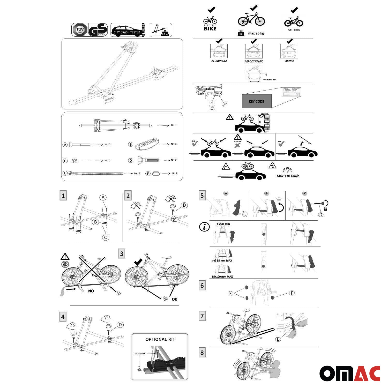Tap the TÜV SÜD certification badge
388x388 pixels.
80,30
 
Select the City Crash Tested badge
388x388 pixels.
128,30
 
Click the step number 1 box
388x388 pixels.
63,196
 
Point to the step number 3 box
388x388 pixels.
122,254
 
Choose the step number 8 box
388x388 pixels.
202,353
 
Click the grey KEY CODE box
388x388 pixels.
256,101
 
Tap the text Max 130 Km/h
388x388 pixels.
288,176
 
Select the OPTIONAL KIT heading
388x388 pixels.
160,339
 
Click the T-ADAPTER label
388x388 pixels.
139,354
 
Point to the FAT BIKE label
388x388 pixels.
294,30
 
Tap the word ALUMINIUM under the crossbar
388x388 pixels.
219,61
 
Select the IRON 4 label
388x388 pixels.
289,61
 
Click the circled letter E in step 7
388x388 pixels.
278,339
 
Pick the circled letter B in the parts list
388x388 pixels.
131,144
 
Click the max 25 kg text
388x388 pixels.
256,33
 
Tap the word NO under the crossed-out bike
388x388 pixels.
91,291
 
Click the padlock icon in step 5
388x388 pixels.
325,209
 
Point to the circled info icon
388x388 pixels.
204,227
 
